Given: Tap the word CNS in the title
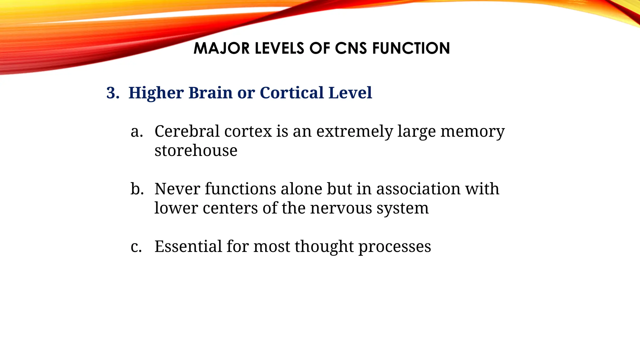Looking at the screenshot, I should point(351,48).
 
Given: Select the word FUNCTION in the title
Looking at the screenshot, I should point(411,48).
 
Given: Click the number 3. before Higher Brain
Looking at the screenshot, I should point(113,93).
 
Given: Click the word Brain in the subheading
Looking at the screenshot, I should point(210,93).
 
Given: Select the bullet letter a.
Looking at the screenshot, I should point(137,132).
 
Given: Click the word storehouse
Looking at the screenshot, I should point(196,151).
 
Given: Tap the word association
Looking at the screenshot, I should point(418,189).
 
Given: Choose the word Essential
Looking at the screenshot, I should point(188,247).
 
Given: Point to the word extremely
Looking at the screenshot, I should point(354,132).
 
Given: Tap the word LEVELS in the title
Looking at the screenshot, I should point(279,48).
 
